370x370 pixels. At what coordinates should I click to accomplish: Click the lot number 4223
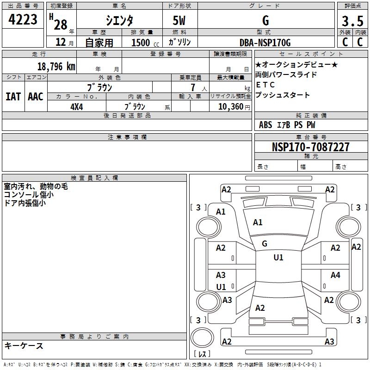tap(23, 20)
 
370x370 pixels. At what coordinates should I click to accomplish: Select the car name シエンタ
tap(120, 20)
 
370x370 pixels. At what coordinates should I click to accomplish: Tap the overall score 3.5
tap(351, 21)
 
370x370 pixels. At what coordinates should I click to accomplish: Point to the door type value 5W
tap(180, 20)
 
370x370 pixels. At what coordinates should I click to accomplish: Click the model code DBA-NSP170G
tap(265, 43)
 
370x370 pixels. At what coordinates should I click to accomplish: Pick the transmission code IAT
tap(13, 97)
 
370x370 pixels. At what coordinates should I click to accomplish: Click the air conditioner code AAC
tap(35, 97)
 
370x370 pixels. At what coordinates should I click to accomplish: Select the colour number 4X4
tap(76, 106)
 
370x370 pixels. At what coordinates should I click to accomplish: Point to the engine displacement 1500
tap(141, 43)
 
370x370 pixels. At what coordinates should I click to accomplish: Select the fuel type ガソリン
tap(180, 42)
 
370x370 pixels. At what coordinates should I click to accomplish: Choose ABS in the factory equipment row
tap(265, 124)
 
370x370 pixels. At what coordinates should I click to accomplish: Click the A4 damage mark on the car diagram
tap(335, 275)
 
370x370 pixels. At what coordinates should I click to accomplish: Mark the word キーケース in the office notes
tap(24, 345)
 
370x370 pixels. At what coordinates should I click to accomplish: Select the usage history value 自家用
tap(99, 43)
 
